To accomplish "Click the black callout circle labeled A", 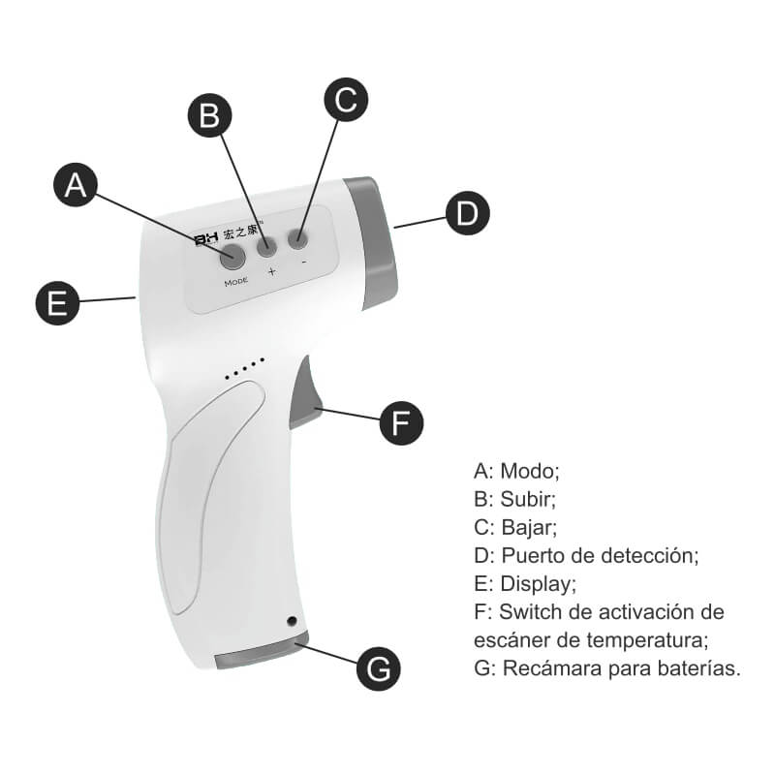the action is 76,184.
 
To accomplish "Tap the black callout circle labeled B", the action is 209,115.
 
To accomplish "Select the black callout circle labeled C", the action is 346,100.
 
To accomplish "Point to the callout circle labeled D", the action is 468,213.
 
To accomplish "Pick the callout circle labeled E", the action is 57,303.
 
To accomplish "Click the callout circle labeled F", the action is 401,423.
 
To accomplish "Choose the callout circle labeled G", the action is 379,668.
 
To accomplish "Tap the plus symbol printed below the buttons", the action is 272,271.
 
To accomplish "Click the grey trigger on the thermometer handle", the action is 305,393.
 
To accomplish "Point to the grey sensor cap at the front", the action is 372,243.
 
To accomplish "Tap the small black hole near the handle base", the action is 292,621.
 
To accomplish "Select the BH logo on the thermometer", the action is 206,239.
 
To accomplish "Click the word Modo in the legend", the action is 529,471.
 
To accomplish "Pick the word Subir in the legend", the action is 528,499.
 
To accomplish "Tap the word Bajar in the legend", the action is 529,528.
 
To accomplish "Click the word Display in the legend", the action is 538,584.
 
